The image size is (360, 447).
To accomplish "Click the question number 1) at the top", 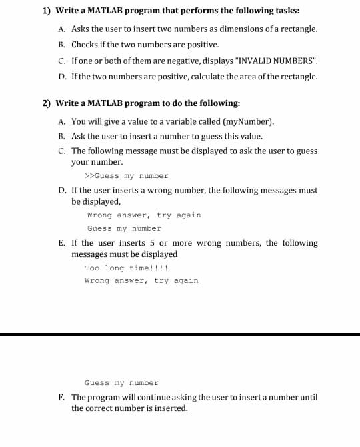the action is coord(46,11).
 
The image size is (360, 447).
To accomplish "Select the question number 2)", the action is coord(46,103).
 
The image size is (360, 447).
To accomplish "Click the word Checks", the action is coord(84,44).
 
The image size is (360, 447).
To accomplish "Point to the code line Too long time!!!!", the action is coord(126,268).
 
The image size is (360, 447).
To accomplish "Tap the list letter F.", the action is coord(61,397).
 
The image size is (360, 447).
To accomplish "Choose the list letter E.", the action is coord(61,243).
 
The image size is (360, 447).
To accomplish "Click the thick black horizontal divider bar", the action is coord(180,334).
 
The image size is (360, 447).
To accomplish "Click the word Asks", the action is coord(81,29).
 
